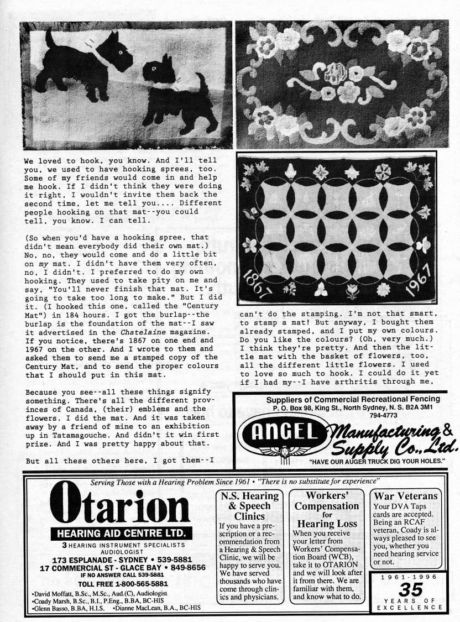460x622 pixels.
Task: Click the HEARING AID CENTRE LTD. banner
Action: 122,534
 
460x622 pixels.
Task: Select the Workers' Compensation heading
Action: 326,501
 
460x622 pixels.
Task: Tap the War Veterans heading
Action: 406,496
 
